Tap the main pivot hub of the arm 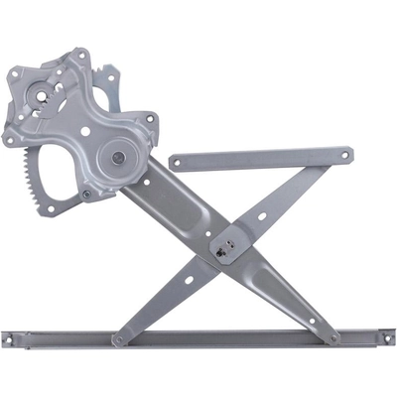(118, 156)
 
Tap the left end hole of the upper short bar (177, 161)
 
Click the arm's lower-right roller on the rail (334, 337)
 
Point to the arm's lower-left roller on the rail (118, 338)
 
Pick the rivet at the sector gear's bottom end (86, 194)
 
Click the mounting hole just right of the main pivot (150, 120)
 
